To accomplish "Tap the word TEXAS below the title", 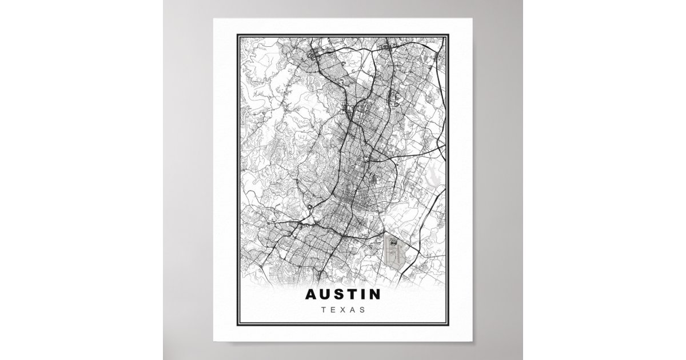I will [343, 310].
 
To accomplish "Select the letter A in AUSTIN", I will [311, 295].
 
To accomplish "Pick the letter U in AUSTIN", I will [325, 295].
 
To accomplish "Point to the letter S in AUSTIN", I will [340, 295].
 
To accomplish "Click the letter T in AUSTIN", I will [352, 295].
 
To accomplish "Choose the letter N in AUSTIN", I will [374, 295].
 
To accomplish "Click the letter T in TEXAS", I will [323, 310].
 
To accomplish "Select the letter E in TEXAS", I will [333, 310].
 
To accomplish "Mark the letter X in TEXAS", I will [343, 310].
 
